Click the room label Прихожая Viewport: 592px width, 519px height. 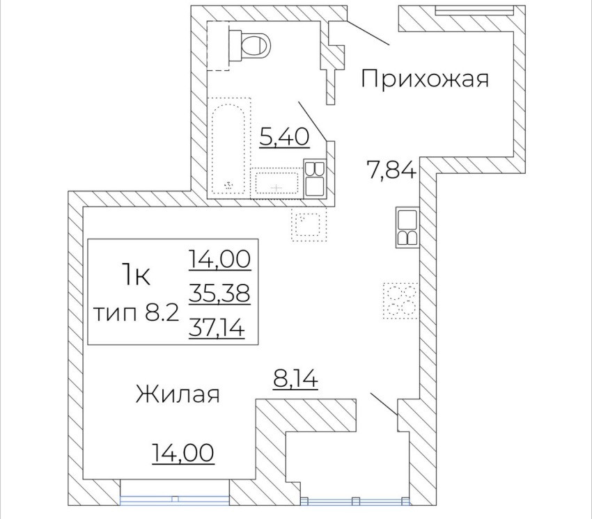point(425,79)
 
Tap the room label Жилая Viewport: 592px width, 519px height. point(178,394)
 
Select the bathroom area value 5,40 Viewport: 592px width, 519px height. point(285,137)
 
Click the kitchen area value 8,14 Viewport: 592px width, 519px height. point(295,379)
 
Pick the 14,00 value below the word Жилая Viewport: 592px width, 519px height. point(183,453)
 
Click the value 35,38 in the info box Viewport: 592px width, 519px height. point(219,293)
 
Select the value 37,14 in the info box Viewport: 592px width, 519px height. point(217,326)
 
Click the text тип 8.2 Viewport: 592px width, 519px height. point(136,314)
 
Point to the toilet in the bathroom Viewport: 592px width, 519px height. point(249,47)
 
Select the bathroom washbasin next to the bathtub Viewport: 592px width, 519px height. point(277,182)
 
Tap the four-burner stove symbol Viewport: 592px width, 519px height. point(400,301)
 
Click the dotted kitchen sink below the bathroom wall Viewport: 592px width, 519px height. point(309,224)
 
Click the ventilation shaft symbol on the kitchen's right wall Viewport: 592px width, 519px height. point(407,227)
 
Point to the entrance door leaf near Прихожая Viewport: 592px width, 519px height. point(368,33)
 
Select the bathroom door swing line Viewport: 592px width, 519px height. point(313,121)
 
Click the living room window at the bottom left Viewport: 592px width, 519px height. point(175,498)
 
